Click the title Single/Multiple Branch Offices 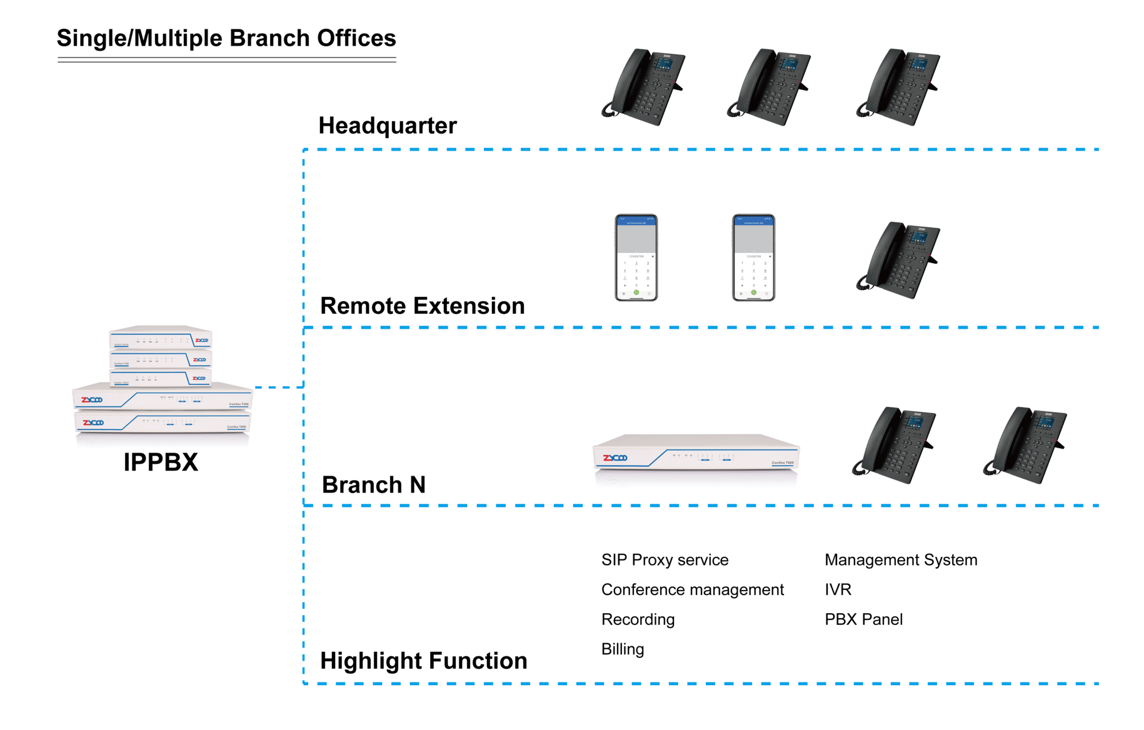pos(226,38)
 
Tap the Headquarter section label pos(388,126)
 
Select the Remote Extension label pos(422,306)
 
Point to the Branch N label pos(373,485)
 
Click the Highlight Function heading pos(423,661)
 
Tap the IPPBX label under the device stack pos(161,462)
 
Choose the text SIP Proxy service pos(665,560)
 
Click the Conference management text pos(692,590)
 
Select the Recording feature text pos(638,619)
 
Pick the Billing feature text pos(623,649)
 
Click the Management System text pos(901,560)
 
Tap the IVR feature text pos(838,590)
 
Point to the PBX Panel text pos(863,619)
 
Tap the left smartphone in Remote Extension pos(636,257)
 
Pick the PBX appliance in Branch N pos(696,459)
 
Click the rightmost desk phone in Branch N pos(1025,444)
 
